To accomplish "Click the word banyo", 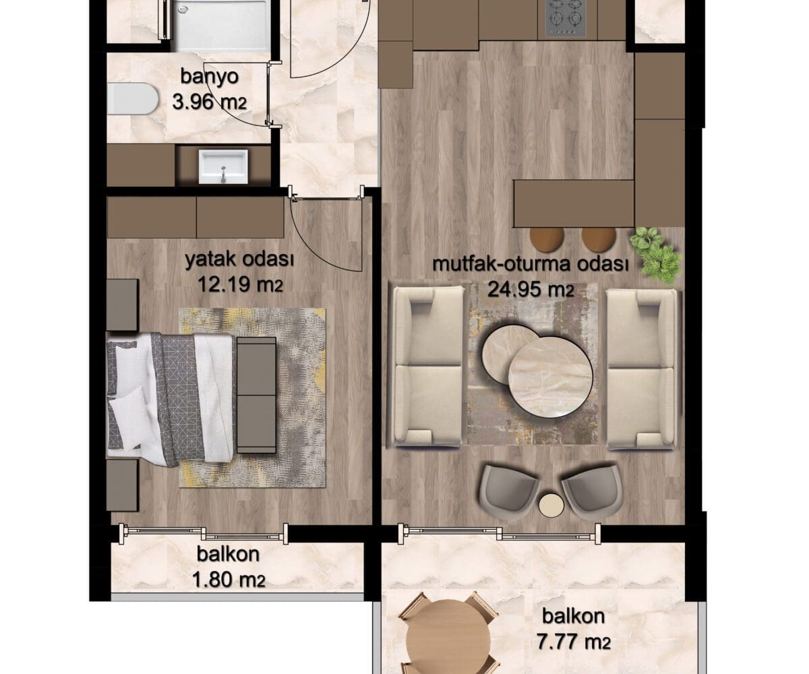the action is click(209, 77).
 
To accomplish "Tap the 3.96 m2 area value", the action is click(209, 103).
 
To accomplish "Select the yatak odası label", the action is click(239, 259).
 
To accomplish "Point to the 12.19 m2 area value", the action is click(240, 286).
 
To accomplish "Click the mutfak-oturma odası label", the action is click(531, 264).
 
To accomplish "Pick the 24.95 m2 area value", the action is click(531, 289).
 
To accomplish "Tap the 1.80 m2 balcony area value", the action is click(229, 580).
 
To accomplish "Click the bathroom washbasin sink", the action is click(223, 167).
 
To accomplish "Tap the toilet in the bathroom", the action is click(132, 99).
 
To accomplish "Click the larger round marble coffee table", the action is click(550, 377).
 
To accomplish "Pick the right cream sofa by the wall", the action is click(642, 369).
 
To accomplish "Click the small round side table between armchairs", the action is click(551, 505).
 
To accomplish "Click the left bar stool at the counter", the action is click(547, 239).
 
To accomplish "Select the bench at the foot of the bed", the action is click(256, 395).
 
